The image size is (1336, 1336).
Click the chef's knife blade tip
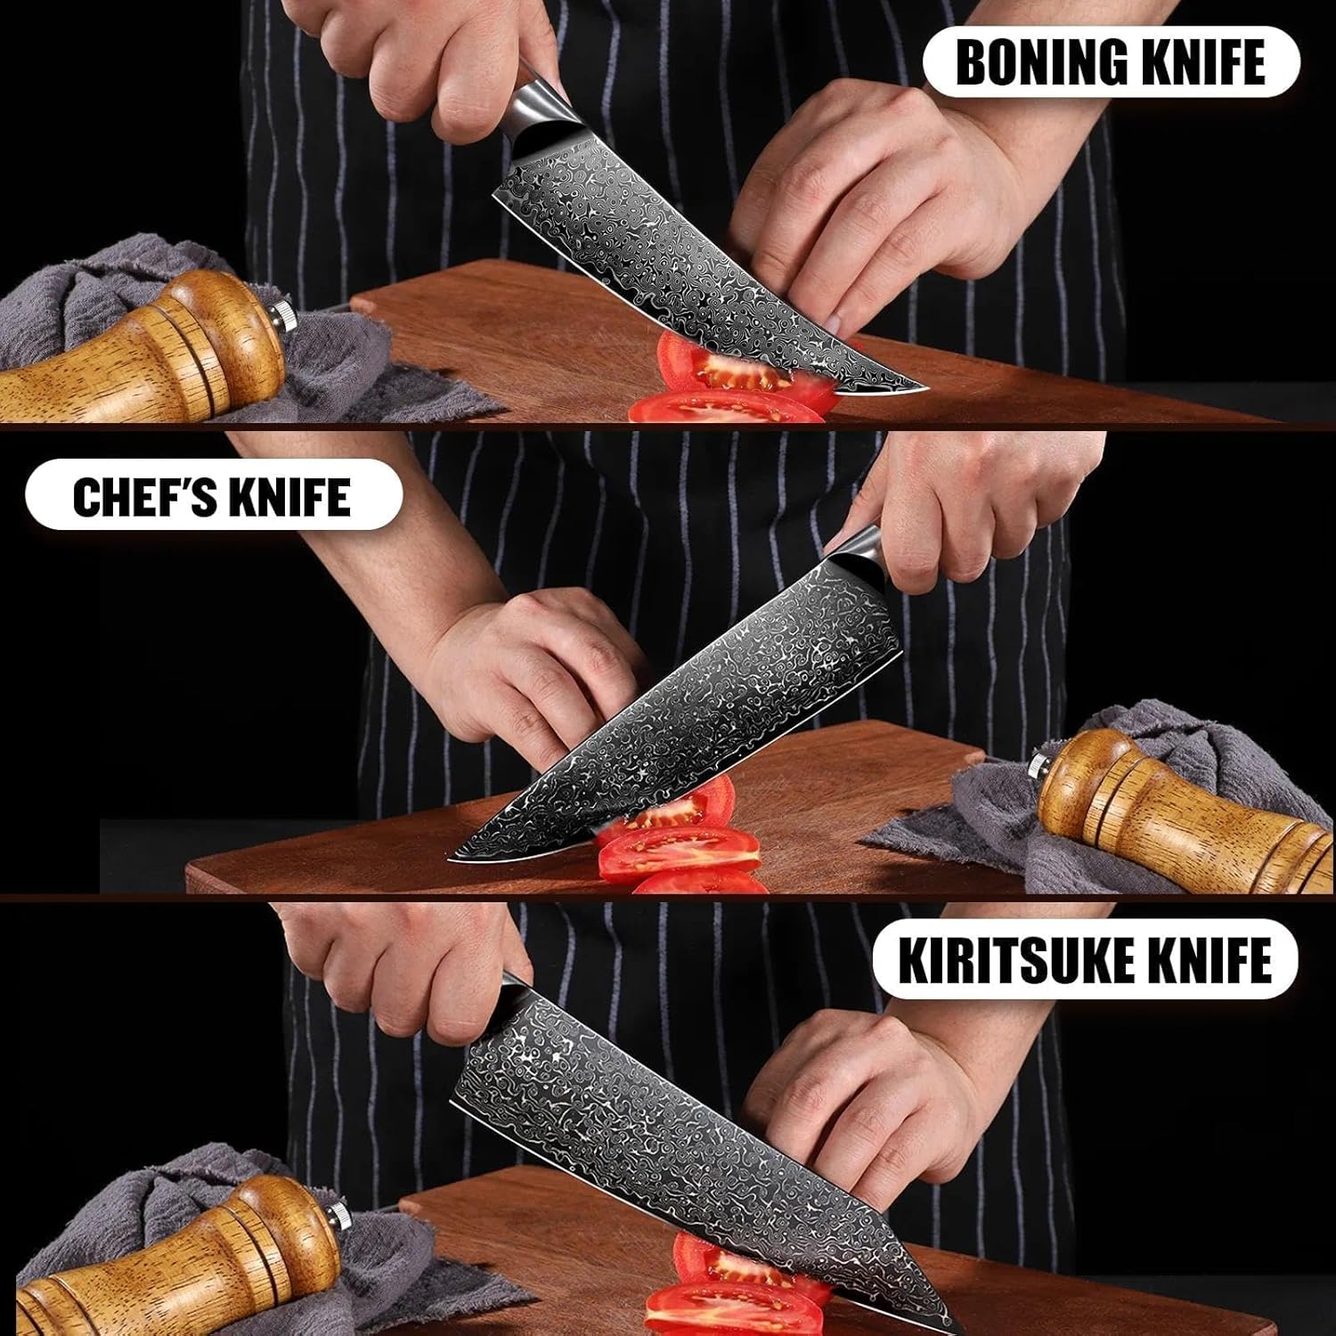coord(452,858)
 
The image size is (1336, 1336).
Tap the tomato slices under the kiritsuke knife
coord(713,1300)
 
